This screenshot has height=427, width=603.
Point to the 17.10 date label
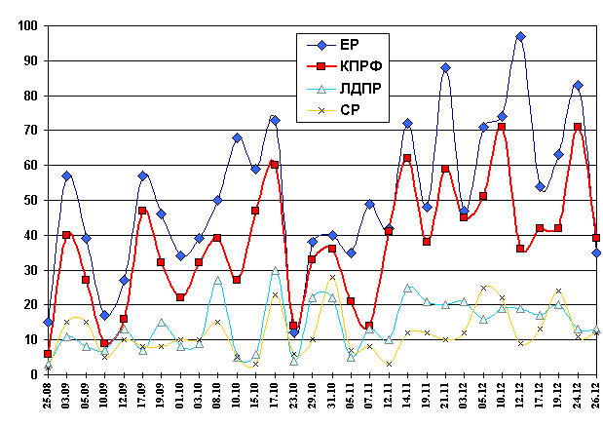(275, 401)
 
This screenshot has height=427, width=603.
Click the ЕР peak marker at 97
(521, 37)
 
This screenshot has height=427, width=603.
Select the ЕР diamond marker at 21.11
(445, 68)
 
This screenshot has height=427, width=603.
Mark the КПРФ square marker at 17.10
(275, 164)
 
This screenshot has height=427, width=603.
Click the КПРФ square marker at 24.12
(578, 127)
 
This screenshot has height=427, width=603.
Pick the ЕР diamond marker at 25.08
(48, 322)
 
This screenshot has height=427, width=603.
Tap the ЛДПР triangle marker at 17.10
(275, 270)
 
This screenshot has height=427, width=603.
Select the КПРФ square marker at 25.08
(48, 354)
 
